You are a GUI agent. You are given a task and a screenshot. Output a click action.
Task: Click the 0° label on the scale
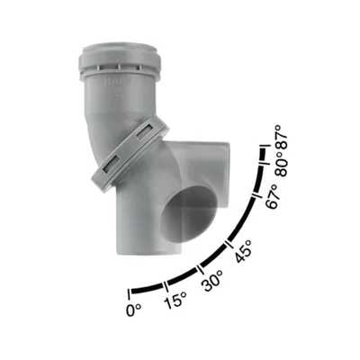coord(134,310)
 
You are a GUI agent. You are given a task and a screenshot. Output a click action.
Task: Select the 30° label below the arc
coord(213,281)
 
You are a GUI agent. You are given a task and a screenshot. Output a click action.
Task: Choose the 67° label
coord(273,196)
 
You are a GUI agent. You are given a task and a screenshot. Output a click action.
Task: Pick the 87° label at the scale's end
coord(283,137)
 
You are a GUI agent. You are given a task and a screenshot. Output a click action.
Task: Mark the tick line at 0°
coord(130,294)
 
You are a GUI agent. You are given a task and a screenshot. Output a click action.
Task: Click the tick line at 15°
coord(166,286)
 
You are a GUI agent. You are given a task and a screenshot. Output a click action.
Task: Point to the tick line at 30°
coord(199,270)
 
